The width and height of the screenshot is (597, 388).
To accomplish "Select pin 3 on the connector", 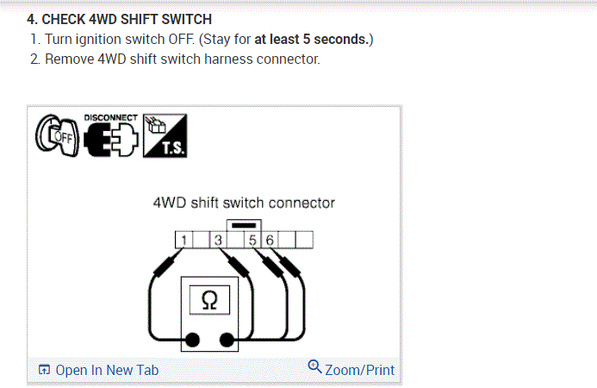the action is (218, 240).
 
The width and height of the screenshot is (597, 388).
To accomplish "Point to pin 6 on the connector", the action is (270, 240).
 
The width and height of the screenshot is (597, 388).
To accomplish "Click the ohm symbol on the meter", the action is (208, 300).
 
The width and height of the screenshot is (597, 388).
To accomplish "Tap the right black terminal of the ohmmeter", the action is (228, 339).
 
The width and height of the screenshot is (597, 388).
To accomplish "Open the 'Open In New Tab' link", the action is (99, 370).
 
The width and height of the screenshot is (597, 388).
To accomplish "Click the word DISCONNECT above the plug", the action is (110, 117).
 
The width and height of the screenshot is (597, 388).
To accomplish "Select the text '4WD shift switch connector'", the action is (243, 203).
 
